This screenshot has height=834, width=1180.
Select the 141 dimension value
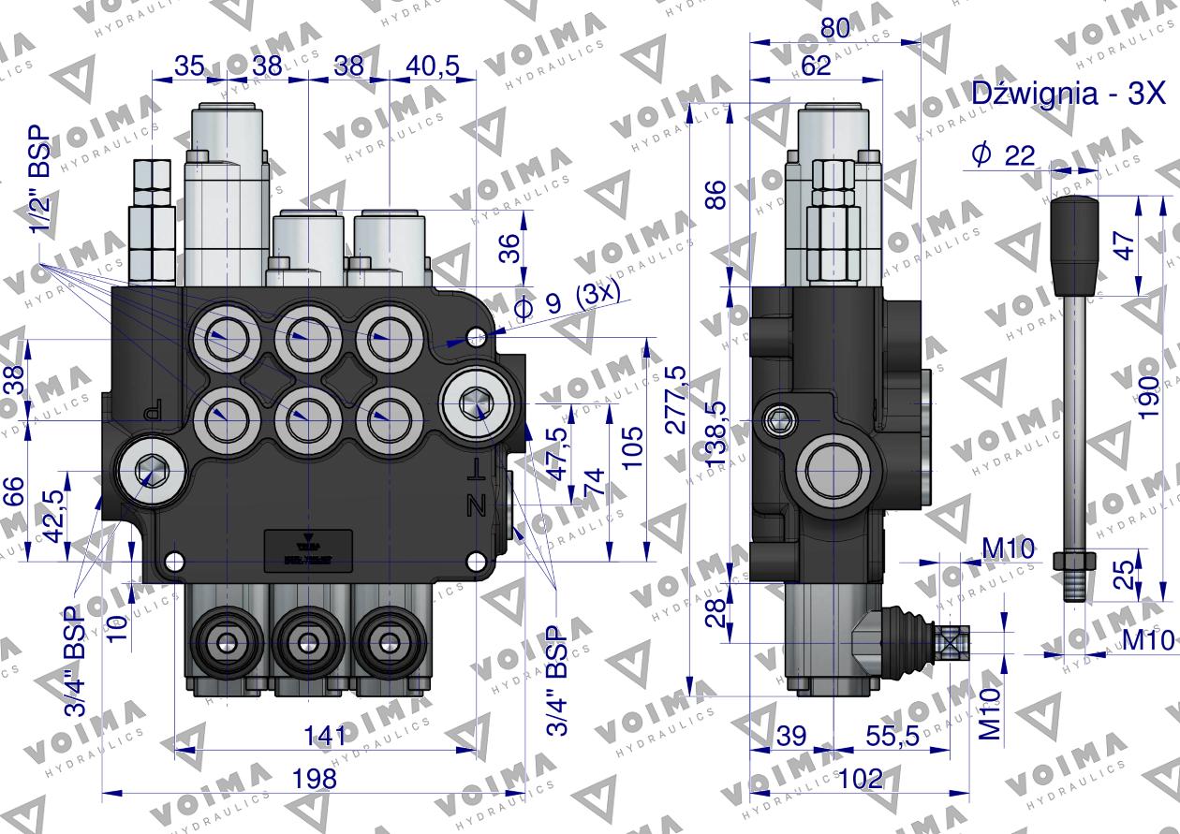click(324, 736)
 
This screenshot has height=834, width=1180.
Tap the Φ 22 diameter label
click(1003, 156)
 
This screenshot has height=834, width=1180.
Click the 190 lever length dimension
click(1150, 386)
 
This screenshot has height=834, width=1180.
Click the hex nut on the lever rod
click(1074, 562)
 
